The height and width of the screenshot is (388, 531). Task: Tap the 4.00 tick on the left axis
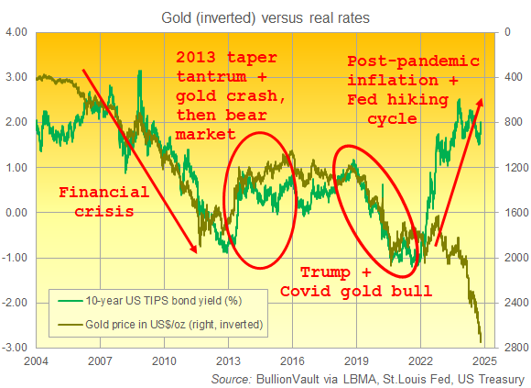click(x=18, y=32)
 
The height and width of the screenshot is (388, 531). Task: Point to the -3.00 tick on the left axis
click(x=17, y=347)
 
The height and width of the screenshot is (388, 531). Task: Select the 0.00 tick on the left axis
click(x=18, y=213)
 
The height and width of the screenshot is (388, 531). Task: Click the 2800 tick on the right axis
click(x=514, y=347)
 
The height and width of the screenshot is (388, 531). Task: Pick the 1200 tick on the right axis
click(x=514, y=168)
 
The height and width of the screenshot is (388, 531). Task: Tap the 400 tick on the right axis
click(x=511, y=78)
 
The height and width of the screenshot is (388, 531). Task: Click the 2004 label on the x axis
click(x=36, y=360)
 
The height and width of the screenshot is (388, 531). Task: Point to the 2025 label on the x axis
click(x=484, y=360)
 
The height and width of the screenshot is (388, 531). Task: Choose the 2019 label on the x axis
click(x=356, y=360)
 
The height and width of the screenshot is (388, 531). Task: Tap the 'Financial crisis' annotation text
click(x=103, y=201)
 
